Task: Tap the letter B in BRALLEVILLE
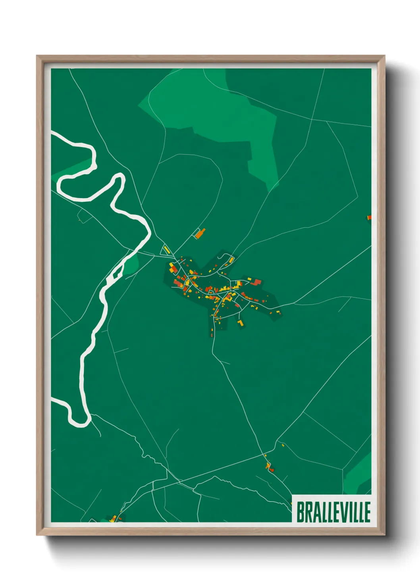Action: coord(301,512)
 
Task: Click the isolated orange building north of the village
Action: coord(200,233)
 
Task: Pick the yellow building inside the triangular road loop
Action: coord(166,250)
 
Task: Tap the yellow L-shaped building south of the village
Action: coord(240,324)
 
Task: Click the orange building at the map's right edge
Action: coord(369,217)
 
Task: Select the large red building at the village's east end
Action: coord(256,282)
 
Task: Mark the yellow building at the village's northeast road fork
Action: coord(231,260)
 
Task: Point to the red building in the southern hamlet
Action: coord(271,470)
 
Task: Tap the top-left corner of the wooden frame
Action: coord(37,56)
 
